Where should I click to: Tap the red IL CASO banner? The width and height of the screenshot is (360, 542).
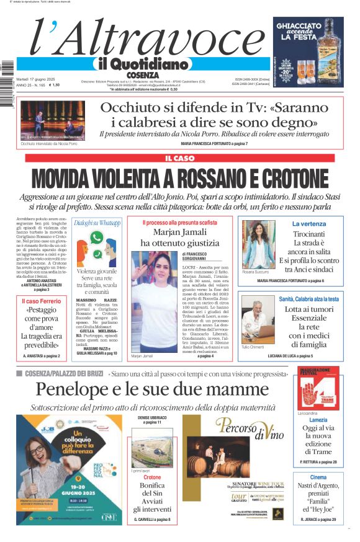click(x=179, y=158)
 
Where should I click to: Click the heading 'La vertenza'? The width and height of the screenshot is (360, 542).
click(x=308, y=223)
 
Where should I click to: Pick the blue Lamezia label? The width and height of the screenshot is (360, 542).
click(x=318, y=420)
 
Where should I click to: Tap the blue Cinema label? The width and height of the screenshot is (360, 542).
click(x=318, y=477)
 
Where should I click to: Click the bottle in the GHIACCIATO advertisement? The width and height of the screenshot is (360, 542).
click(x=330, y=47)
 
